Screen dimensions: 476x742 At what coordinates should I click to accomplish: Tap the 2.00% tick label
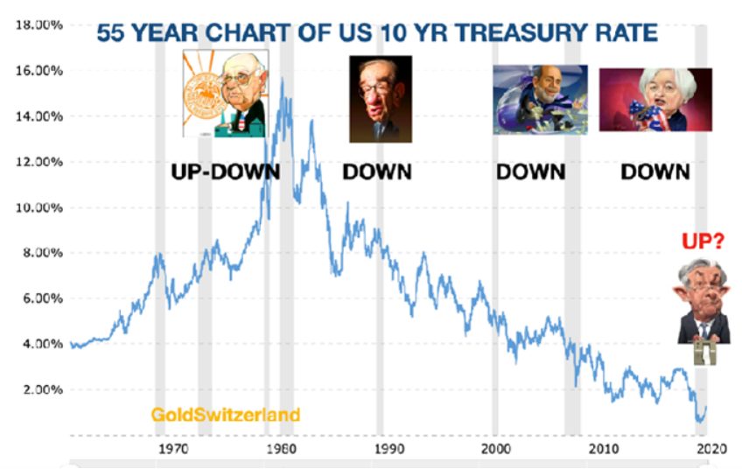pyautogui.click(x=40, y=389)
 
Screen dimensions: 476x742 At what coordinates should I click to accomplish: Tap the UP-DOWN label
pyautogui.click(x=225, y=171)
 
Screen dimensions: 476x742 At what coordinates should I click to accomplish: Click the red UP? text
pyautogui.click(x=703, y=241)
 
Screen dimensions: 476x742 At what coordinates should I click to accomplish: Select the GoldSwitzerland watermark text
pyautogui.click(x=226, y=414)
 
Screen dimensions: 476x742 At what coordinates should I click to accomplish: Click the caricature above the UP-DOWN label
pyautogui.click(x=225, y=94)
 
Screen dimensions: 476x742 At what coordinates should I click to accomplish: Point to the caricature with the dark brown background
pyautogui.click(x=380, y=99)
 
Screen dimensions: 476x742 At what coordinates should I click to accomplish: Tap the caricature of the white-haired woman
pyautogui.click(x=655, y=100)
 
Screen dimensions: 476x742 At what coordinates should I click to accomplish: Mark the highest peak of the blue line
pyautogui.click(x=282, y=80)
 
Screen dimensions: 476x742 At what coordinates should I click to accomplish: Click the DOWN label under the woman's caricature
pyautogui.click(x=655, y=171)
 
